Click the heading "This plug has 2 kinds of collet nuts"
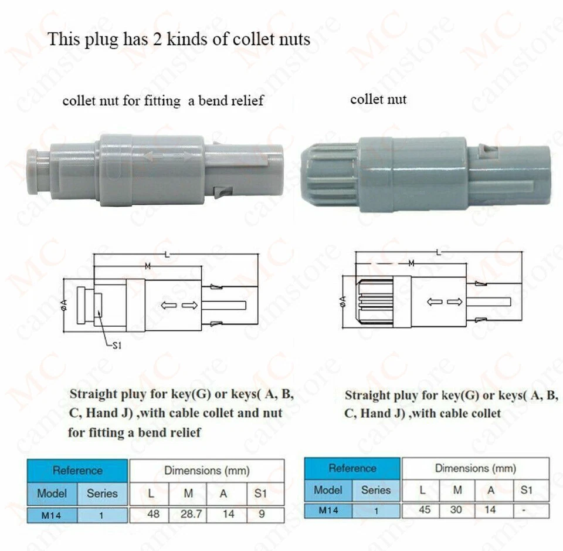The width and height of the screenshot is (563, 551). (x=179, y=39)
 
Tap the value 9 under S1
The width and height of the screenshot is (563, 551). (x=260, y=515)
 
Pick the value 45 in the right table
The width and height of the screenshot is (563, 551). (x=424, y=510)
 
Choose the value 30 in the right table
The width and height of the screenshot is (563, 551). (x=457, y=510)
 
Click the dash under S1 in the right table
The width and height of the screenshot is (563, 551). (x=525, y=510)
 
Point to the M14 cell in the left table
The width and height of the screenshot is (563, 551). (x=52, y=515)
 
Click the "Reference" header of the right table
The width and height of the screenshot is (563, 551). (x=352, y=468)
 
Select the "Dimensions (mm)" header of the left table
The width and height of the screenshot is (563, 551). (x=206, y=470)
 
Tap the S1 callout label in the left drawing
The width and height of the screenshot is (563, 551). (x=116, y=346)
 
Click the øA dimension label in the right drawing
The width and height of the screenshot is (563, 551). (x=342, y=301)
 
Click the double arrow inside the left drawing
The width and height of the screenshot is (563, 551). (x=179, y=305)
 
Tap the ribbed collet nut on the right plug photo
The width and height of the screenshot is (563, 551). (x=328, y=174)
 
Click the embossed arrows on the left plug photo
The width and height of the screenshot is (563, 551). (x=168, y=156)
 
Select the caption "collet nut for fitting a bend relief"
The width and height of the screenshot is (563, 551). (x=163, y=101)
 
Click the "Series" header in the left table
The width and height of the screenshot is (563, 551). (x=102, y=493)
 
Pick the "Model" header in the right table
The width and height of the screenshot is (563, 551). (x=328, y=489)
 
